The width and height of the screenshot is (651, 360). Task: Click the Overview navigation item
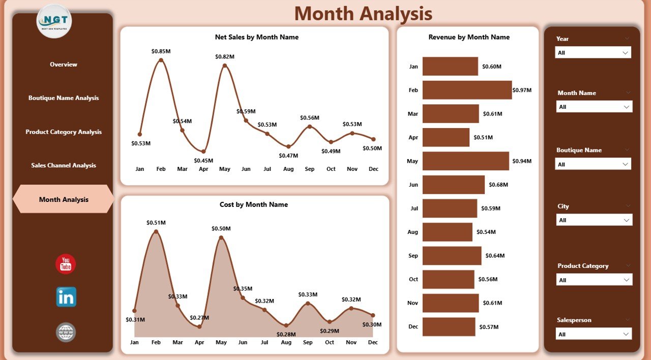64,65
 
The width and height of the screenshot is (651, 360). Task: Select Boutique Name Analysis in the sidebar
64,98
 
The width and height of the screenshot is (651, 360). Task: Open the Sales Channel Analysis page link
64,165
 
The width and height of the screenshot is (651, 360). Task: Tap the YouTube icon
66,264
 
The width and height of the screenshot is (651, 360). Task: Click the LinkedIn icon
66,297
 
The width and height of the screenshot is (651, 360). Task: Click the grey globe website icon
66,333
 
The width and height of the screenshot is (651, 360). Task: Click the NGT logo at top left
54,21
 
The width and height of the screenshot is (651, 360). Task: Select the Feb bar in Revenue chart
467,90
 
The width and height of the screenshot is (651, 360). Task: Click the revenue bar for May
465,161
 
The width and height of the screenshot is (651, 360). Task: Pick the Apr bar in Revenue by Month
446,137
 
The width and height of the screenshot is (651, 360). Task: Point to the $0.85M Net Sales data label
161,51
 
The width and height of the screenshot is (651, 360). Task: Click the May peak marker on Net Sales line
224,65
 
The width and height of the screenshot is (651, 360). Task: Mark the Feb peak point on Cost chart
156,232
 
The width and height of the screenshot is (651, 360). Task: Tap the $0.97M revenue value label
522,90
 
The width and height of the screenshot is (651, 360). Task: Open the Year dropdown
593,53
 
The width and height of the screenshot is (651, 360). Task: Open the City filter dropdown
594,220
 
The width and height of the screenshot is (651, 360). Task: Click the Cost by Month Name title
254,204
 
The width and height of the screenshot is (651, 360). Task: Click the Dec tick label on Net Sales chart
373,169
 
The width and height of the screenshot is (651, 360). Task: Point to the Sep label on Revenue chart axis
413,256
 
